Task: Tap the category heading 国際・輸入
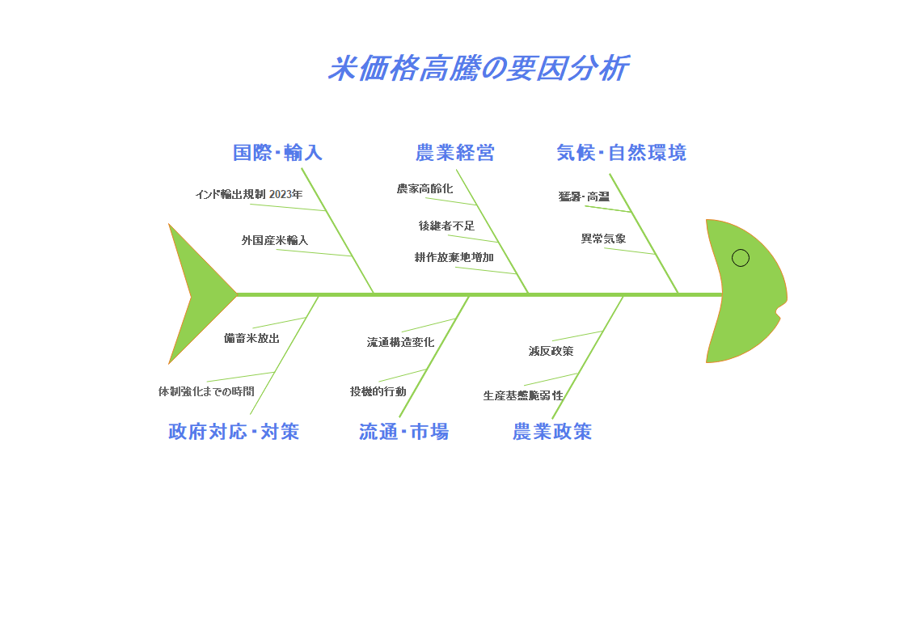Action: pyautogui.click(x=277, y=152)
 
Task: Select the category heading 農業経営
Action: pyautogui.click(x=454, y=152)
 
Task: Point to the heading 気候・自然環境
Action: pyautogui.click(x=621, y=152)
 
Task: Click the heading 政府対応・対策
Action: pyautogui.click(x=234, y=432)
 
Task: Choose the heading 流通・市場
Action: pyautogui.click(x=403, y=432)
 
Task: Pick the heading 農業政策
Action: pyautogui.click(x=551, y=432)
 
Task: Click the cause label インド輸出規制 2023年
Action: pyautogui.click(x=248, y=194)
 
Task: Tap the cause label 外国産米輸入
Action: pyautogui.click(x=275, y=240)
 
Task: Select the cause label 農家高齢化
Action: pyautogui.click(x=424, y=188)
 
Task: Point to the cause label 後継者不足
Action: pyautogui.click(x=446, y=226)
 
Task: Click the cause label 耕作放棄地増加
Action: pyautogui.click(x=454, y=257)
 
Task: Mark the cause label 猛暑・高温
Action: pyautogui.click(x=584, y=196)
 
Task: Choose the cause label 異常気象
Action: pyautogui.click(x=603, y=239)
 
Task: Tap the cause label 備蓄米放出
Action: pyautogui.click(x=251, y=338)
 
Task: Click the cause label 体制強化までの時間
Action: pyautogui.click(x=206, y=391)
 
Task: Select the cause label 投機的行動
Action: pyautogui.click(x=378, y=391)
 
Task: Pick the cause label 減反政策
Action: pyautogui.click(x=551, y=351)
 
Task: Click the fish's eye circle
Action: pyautogui.click(x=741, y=258)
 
